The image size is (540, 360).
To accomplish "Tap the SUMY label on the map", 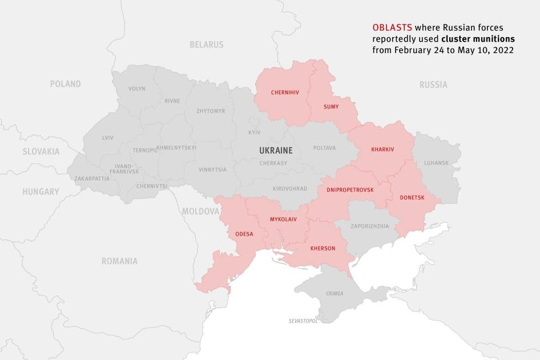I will [331, 107].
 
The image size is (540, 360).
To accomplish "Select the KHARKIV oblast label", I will [382, 149].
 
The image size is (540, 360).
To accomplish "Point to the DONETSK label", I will [412, 197].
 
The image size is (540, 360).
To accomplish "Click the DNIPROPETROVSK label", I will [350, 189].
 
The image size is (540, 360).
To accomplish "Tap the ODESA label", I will [244, 233].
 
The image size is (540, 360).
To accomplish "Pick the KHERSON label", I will [323, 248].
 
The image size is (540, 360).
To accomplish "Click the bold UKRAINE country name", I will [275, 151].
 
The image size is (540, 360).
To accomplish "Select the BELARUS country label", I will [207, 44].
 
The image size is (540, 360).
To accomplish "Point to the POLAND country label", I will [65, 84].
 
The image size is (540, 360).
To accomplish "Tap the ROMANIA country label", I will [119, 261].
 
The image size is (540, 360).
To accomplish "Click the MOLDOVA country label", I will [201, 211].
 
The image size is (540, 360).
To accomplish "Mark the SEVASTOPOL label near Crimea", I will [303, 322].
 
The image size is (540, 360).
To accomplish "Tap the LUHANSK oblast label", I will [436, 163].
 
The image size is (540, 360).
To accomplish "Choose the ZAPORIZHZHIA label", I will [370, 226].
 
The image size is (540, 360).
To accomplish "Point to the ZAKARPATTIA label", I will [91, 179].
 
